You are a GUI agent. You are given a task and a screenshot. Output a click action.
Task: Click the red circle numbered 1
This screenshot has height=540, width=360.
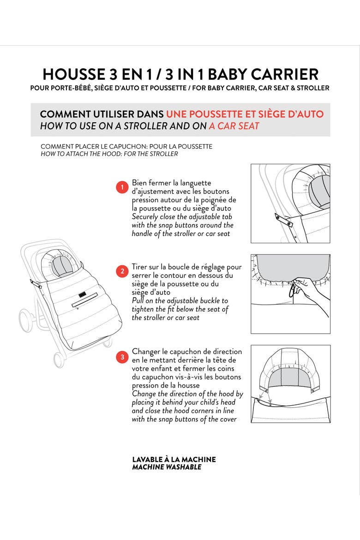pyautogui.click(x=122, y=187)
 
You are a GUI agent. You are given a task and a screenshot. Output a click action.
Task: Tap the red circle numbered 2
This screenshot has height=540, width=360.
pyautogui.click(x=122, y=271)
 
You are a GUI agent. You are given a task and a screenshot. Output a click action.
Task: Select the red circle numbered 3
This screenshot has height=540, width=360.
pyautogui.click(x=122, y=357)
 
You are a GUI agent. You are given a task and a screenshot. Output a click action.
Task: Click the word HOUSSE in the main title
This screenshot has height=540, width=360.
pyautogui.click(x=74, y=74)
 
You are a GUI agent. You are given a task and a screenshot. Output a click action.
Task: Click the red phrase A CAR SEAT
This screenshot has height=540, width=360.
pyautogui.click(x=234, y=126)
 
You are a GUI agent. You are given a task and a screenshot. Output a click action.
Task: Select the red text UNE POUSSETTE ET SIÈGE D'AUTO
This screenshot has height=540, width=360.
pyautogui.click(x=245, y=114)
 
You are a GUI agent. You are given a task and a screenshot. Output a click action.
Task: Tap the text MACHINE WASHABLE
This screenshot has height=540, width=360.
pyautogui.click(x=167, y=468)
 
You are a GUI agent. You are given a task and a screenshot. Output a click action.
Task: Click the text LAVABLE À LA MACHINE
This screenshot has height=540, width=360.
pyautogui.click(x=174, y=459)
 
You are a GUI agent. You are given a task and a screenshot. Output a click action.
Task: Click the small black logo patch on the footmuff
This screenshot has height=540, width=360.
pyautogui.click(x=82, y=295)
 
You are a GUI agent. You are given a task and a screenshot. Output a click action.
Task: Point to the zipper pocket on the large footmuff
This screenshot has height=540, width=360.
pyautogui.click(x=85, y=300)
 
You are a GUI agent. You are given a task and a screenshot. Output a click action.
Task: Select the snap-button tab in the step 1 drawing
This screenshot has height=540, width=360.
pyautogui.click(x=284, y=221)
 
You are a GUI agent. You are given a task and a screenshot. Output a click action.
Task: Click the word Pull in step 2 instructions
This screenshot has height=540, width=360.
pyautogui.click(x=138, y=300)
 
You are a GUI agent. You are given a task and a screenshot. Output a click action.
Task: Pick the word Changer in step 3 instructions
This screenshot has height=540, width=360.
pyautogui.click(x=146, y=352)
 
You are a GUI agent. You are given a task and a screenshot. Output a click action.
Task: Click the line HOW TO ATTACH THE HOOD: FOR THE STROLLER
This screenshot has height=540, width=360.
pyautogui.click(x=109, y=154)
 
